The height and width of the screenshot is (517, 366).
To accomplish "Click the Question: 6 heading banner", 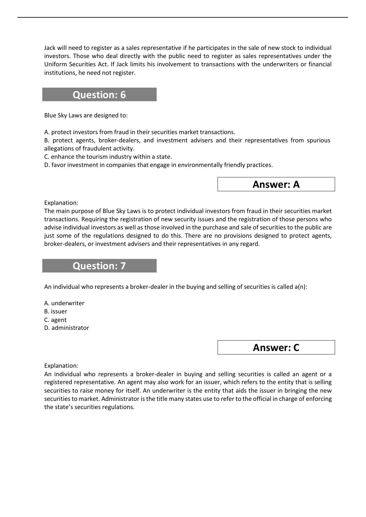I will point(99,95).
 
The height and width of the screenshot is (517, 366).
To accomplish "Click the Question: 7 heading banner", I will point(99,266).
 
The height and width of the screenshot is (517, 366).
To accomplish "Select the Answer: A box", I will point(276,184).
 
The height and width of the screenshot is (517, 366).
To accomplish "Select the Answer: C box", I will point(276,348).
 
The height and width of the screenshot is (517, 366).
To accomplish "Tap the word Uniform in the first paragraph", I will point(54,64).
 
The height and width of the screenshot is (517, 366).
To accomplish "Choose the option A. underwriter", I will point(64,303).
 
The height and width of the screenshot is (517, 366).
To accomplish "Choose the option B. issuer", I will point(56,312).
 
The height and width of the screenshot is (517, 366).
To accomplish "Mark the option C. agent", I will point(56,320).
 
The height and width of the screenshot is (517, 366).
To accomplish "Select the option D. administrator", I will point(67,328).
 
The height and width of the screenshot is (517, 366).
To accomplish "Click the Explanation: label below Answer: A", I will point(61,203).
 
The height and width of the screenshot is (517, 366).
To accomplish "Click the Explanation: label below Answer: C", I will point(61,366).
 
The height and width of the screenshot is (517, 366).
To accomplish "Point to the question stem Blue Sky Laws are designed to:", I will point(86,116).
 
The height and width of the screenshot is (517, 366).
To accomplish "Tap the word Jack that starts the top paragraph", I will point(50,48).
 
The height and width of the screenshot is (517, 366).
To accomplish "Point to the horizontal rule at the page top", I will point(183,17).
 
